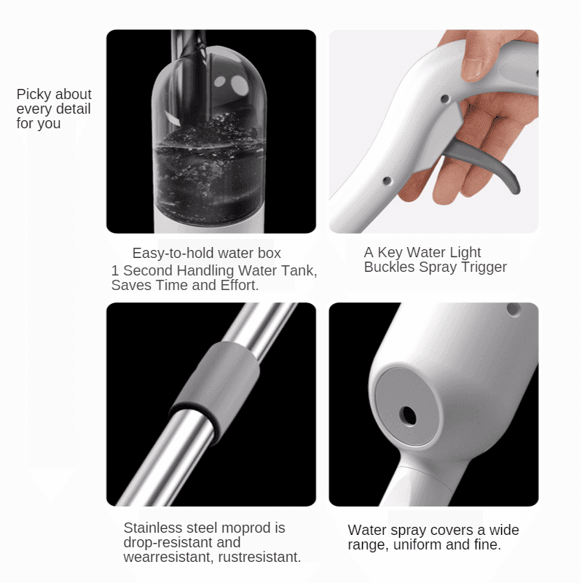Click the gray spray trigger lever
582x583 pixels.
pos(483,163)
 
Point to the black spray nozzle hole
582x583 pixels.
pos(408,415)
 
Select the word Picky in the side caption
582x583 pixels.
pos(34,95)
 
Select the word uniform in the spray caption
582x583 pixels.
pos(417,544)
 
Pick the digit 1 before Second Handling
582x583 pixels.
pos(115,270)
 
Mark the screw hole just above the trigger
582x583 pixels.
pos(445,99)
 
